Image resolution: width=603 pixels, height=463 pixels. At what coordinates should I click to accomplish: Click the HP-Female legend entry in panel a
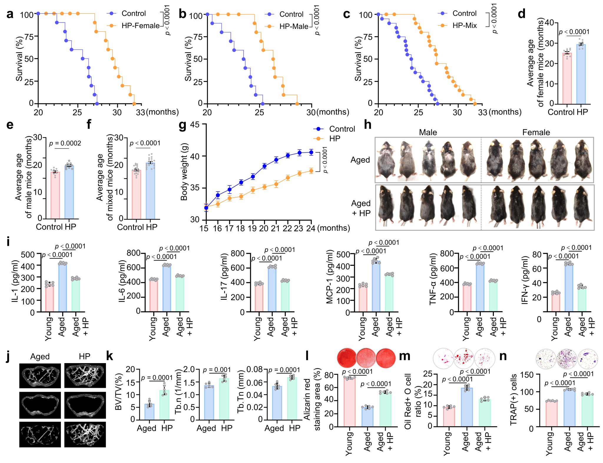coord(140,26)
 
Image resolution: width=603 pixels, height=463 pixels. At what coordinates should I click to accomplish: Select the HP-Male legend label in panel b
coord(294,26)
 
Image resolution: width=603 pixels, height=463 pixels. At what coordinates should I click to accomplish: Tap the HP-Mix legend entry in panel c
coord(464,26)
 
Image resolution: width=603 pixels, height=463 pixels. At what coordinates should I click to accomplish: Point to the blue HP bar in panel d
coord(581,74)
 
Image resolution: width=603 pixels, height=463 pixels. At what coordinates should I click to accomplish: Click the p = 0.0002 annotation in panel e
coord(65,143)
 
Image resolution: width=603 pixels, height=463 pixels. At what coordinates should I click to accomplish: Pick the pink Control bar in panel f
coord(136,195)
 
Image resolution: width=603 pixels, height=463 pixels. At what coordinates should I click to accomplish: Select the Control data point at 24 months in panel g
coord(311,152)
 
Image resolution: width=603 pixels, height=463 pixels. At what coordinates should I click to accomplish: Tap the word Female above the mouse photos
coord(536,132)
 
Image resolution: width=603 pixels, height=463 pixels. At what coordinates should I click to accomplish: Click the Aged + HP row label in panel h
coord(361,208)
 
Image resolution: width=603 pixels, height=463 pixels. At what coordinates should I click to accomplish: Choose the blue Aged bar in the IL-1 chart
coord(62,287)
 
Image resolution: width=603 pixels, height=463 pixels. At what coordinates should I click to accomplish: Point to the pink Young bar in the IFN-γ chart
coord(556,302)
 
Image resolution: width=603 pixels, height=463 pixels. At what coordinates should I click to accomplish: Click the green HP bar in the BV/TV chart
coord(164,405)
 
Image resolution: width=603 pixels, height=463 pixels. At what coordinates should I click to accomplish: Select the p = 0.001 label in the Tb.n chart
coord(217,370)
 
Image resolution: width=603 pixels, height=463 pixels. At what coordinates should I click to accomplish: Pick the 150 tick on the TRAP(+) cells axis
coord(526,375)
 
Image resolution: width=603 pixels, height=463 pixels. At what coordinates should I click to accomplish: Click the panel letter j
coord(8,356)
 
